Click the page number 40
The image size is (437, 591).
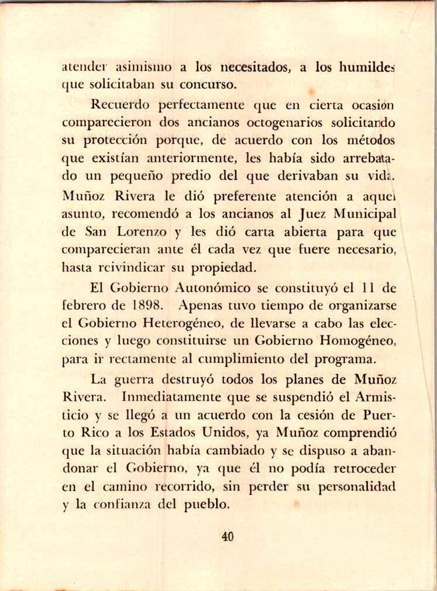(x=228, y=536)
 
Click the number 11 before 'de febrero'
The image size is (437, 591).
(x=366, y=288)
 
